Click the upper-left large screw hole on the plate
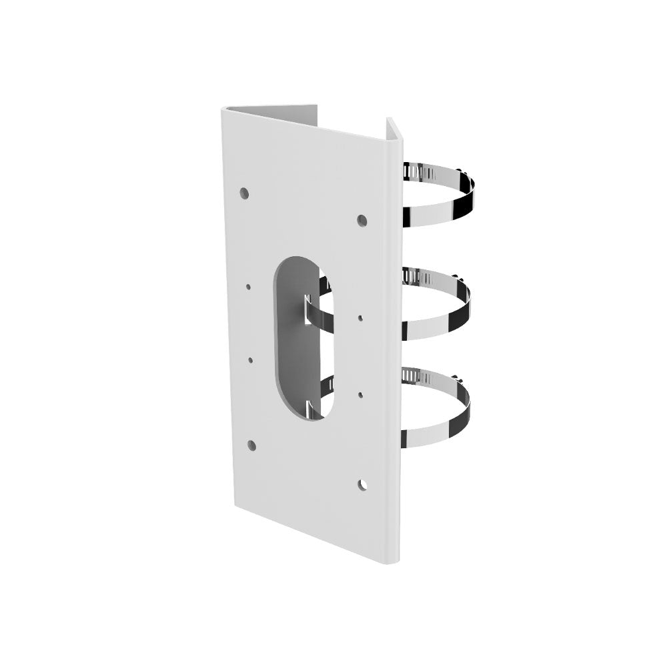point(245,193)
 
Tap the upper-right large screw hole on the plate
point(362,219)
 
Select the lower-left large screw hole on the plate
point(251,445)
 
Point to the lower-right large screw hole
point(362,485)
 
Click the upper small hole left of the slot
point(248,287)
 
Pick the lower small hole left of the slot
point(251,360)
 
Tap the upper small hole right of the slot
point(361,319)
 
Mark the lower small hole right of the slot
point(361,395)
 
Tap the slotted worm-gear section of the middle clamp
point(418,275)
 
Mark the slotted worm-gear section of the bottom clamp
point(417,378)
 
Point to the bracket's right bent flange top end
point(393,124)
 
